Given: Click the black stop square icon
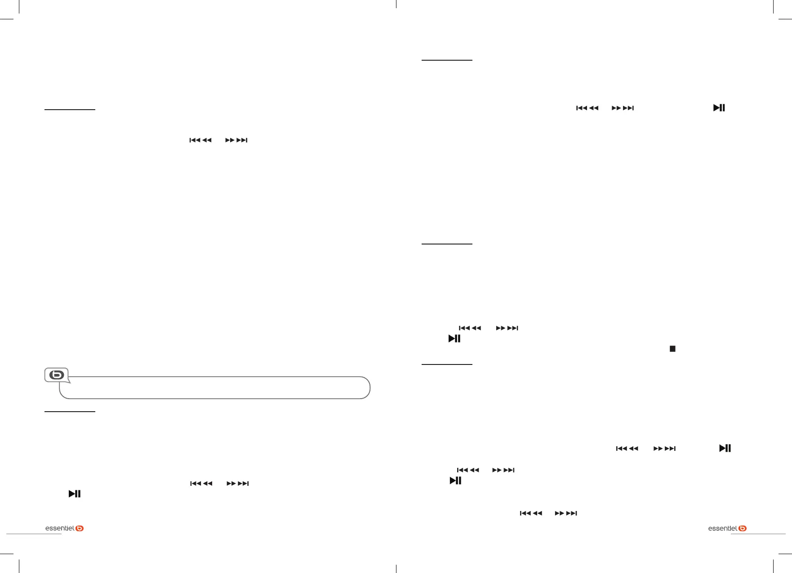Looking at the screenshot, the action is [672, 349].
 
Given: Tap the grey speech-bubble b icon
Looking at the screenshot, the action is [57, 375].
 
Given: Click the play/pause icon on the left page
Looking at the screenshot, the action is [75, 494].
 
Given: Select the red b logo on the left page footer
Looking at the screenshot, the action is [80, 529].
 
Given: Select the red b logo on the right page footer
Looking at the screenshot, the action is [743, 529].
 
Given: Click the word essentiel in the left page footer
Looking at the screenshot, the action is [60, 529].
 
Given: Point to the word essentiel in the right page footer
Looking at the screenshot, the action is [723, 529].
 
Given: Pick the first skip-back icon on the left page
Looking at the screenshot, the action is [200, 140].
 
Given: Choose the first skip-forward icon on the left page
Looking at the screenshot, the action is [236, 140].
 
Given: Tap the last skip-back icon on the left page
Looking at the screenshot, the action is [201, 484].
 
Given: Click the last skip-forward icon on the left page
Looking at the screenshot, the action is [238, 484].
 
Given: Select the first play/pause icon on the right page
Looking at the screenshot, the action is [719, 108].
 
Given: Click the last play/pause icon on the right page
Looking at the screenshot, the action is [456, 481].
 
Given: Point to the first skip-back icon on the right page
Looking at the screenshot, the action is [587, 108].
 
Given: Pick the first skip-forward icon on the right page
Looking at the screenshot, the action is [623, 108].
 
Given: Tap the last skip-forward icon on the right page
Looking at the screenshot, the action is [566, 513].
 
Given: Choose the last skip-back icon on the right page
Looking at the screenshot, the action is [531, 513].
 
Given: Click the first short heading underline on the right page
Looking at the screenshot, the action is [447, 60].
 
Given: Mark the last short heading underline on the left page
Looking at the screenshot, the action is [70, 411].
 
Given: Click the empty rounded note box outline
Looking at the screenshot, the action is [215, 388].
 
